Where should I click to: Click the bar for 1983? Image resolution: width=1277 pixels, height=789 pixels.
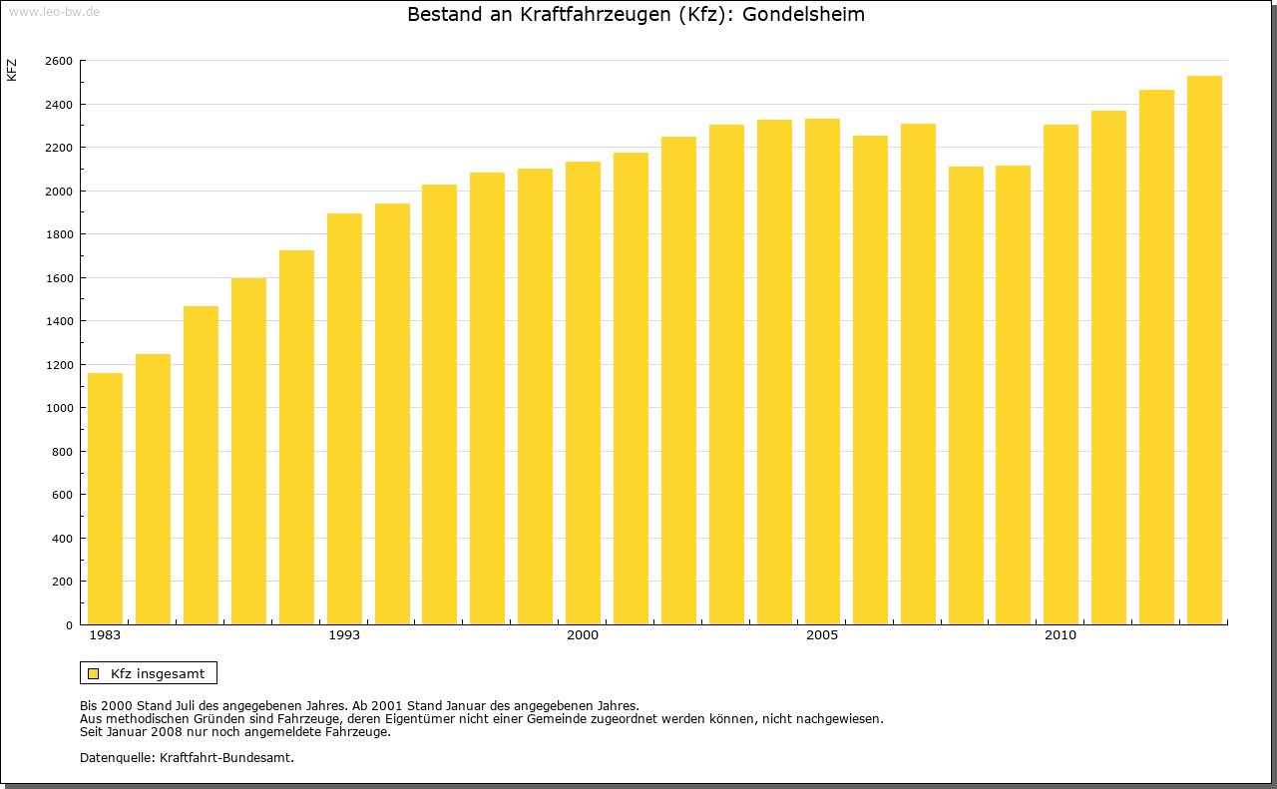pyautogui.click(x=105, y=499)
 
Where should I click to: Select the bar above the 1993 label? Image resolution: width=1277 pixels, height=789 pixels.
pyautogui.click(x=344, y=419)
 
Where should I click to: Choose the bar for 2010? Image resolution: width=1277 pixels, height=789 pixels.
pyautogui.click(x=1061, y=374)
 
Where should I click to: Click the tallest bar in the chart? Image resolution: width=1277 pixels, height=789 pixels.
pyautogui.click(x=1204, y=350)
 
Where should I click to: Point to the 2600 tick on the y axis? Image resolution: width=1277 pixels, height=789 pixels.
pyautogui.click(x=59, y=61)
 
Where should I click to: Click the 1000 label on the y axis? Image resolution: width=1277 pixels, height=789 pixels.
pyautogui.click(x=59, y=408)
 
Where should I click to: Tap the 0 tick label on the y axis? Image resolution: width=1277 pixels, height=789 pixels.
pyautogui.click(x=69, y=625)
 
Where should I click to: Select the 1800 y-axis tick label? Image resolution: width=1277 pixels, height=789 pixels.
pyautogui.click(x=59, y=234)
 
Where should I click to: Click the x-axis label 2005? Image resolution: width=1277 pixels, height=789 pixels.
pyautogui.click(x=822, y=635)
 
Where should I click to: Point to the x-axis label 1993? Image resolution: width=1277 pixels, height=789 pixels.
pyautogui.click(x=344, y=635)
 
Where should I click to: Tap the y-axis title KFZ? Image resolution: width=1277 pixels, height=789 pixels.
pyautogui.click(x=12, y=70)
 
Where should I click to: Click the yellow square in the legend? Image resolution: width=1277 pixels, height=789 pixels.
pyautogui.click(x=94, y=673)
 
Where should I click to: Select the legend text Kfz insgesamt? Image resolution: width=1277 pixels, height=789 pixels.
pyautogui.click(x=158, y=673)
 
